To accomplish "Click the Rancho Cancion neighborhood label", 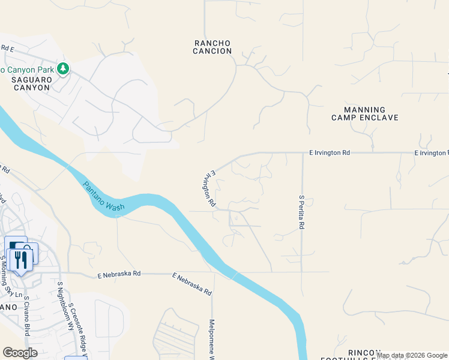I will pyautogui.click(x=212, y=47).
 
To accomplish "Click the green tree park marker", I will pyautogui.click(x=63, y=70).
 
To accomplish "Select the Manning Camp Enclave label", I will pyautogui.click(x=364, y=114).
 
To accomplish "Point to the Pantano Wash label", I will pyautogui.click(x=103, y=197).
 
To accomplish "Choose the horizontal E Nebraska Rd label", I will pyautogui.click(x=119, y=274).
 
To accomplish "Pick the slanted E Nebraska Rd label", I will pyautogui.click(x=192, y=284).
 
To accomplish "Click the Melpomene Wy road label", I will pyautogui.click(x=211, y=339).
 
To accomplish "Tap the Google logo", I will pyautogui.click(x=20, y=353).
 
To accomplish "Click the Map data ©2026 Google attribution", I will pyautogui.click(x=411, y=355).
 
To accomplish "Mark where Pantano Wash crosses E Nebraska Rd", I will pyautogui.click(x=229, y=272).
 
